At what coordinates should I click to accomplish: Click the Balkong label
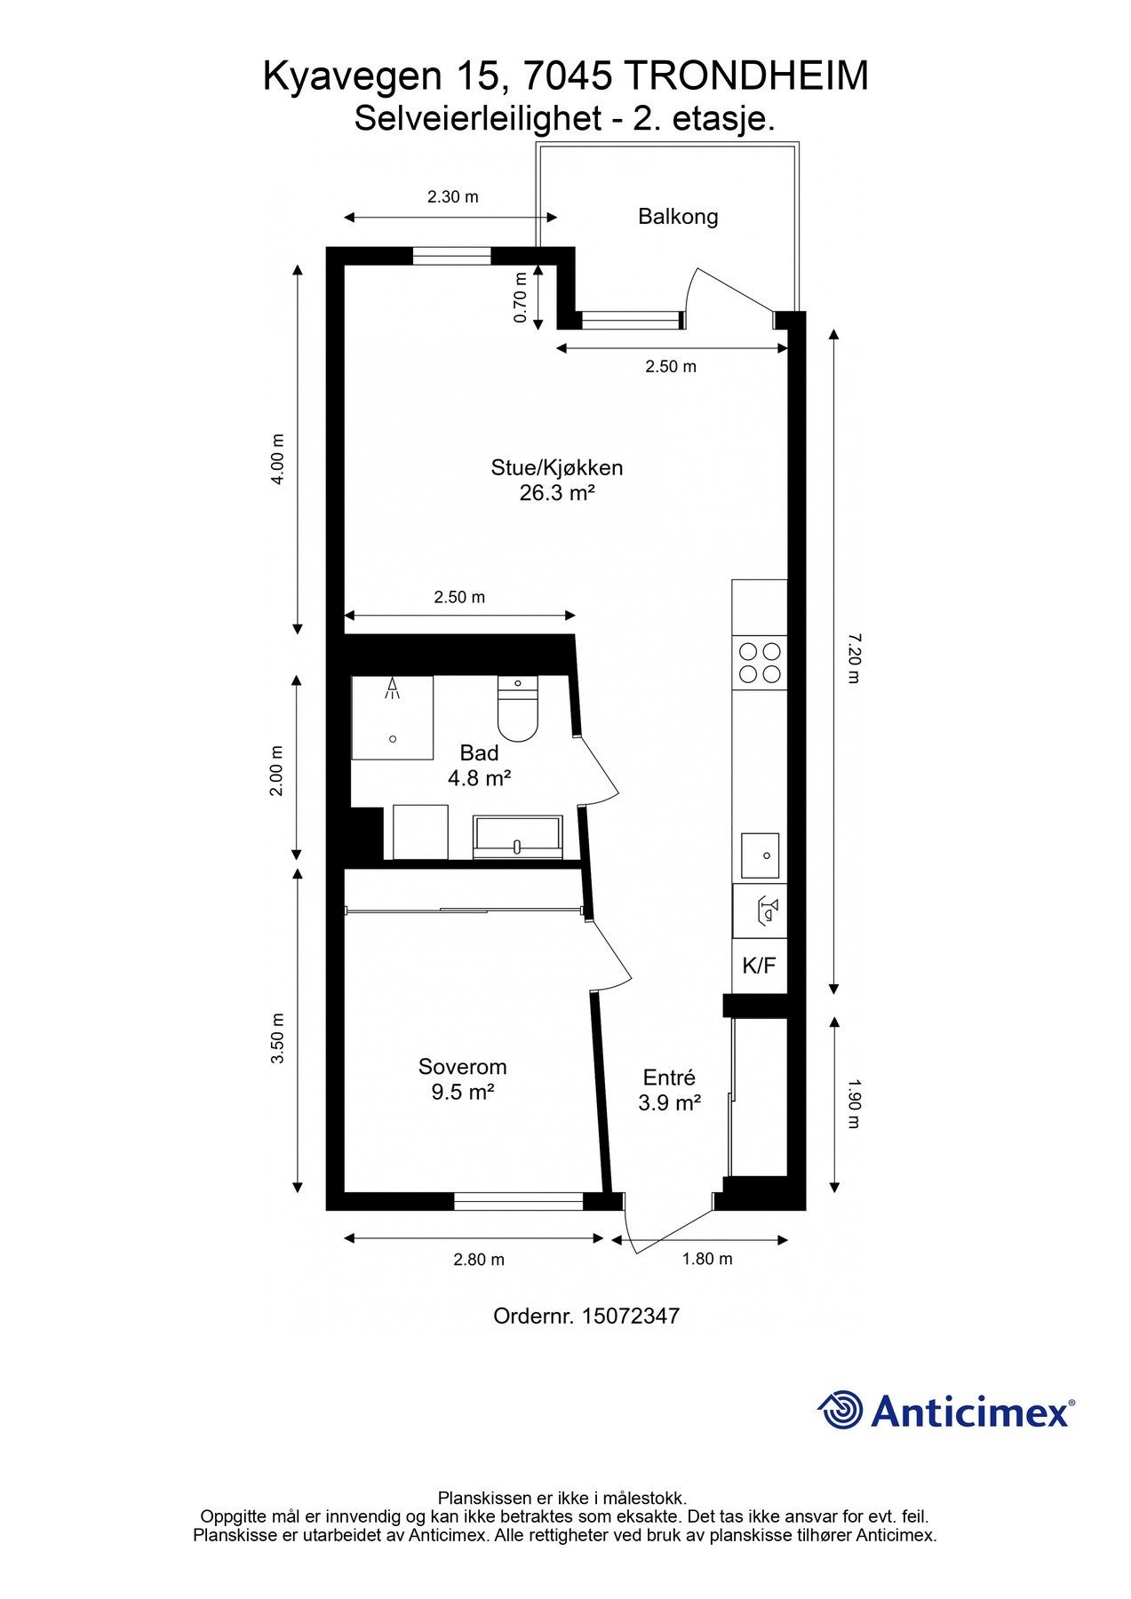click(x=678, y=217)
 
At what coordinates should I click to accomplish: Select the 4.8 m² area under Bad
click(x=479, y=778)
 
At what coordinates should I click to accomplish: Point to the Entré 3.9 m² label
click(x=669, y=1090)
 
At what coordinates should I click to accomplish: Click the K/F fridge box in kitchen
click(x=759, y=967)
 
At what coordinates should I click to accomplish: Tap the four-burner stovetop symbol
click(x=760, y=662)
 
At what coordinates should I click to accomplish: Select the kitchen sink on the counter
click(x=761, y=855)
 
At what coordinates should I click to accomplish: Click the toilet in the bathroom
click(x=517, y=711)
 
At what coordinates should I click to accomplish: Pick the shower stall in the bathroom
click(x=392, y=717)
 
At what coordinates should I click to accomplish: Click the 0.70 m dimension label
click(x=522, y=298)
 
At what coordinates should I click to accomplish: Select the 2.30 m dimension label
click(x=452, y=197)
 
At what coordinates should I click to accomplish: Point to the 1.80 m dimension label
click(x=707, y=1259)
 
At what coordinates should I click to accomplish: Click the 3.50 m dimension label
click(x=277, y=1038)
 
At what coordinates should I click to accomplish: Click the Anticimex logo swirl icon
click(x=840, y=1410)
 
